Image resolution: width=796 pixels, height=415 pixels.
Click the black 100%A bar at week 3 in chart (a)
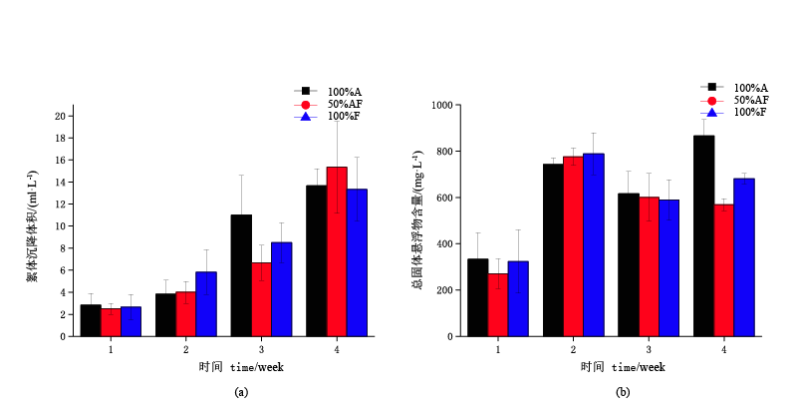pos(241,275)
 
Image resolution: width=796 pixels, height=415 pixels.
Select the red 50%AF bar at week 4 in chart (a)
pos(337,251)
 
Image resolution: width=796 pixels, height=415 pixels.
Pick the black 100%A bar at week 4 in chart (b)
pos(703,235)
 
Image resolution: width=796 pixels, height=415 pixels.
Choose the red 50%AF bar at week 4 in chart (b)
pos(723,269)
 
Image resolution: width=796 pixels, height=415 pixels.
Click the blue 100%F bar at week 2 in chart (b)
pos(593,244)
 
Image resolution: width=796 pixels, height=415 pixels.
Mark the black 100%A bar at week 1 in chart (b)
pos(478,297)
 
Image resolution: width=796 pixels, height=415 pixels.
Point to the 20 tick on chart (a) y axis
pos(60,116)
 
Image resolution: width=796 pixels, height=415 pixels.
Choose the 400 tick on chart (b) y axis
pos(444,243)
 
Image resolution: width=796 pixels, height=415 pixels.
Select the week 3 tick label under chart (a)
pos(261,349)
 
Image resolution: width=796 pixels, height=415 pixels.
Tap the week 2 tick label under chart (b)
pos(573,349)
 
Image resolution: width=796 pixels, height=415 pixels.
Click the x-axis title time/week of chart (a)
pos(241,367)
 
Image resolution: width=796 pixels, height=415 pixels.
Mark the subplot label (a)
pos(241,392)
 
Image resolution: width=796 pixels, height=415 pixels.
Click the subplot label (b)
pos(623,392)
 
